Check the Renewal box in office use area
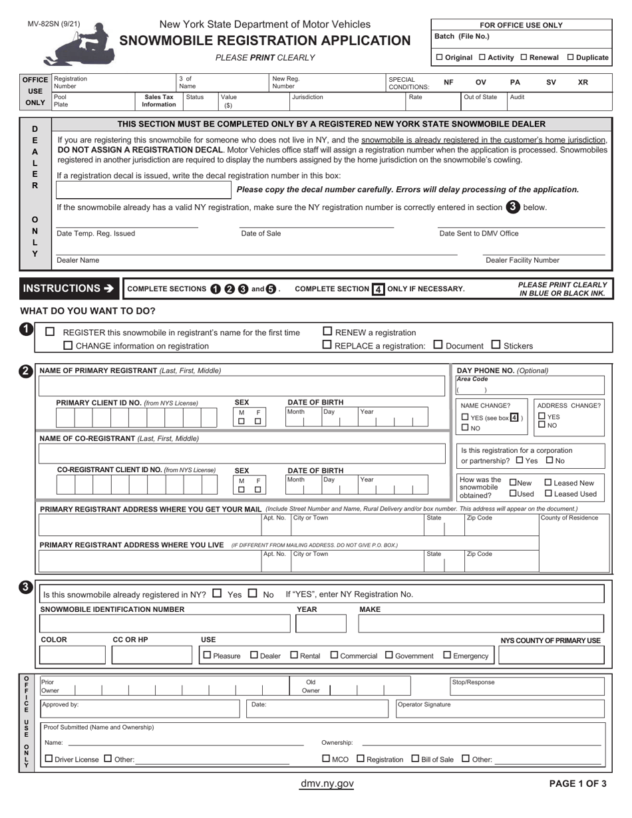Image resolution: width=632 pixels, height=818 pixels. tap(524, 57)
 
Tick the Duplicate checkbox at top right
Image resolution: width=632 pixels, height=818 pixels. tap(571, 57)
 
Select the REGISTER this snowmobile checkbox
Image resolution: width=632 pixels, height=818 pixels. tap(50, 332)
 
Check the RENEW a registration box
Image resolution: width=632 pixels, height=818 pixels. tap(327, 332)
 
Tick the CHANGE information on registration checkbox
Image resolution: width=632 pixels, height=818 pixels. tap(67, 345)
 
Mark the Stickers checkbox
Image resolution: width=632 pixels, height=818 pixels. tap(496, 344)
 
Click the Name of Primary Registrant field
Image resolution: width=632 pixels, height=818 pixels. tap(243, 386)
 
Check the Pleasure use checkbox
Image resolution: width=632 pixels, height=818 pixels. tap(207, 655)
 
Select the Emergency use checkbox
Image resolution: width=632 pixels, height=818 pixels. tap(447, 655)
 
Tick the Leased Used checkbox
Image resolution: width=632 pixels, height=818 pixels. tap(548, 493)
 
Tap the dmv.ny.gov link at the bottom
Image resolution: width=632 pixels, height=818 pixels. tap(327, 783)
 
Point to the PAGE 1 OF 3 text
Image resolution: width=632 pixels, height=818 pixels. tap(577, 783)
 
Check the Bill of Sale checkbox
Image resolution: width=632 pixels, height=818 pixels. tap(415, 758)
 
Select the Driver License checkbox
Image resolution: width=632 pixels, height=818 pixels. tap(48, 758)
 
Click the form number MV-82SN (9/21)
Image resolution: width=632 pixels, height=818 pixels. tap(54, 24)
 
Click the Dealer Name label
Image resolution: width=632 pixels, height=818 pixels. tap(78, 260)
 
